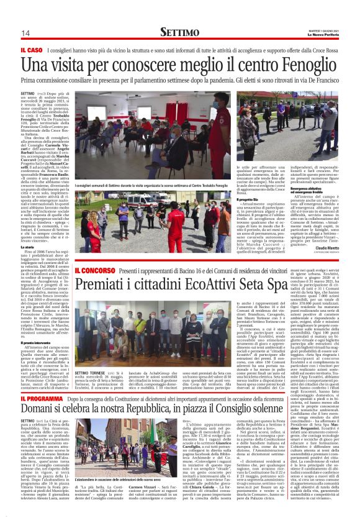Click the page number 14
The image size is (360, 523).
coord(25,33)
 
